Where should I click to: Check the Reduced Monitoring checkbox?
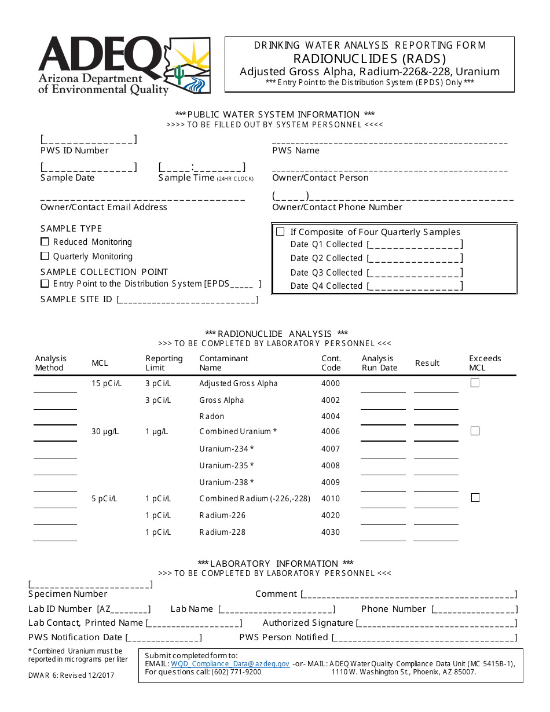pos(45,242)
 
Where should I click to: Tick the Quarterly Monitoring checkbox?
pos(45,256)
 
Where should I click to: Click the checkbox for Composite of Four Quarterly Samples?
pos(280,232)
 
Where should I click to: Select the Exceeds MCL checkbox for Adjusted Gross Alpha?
pos(475,383)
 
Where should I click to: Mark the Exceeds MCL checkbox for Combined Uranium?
pos(475,431)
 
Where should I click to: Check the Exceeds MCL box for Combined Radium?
pos(475,497)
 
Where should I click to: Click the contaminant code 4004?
pos(331,416)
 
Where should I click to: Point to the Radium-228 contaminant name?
pos(222,532)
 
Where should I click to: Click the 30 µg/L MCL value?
pos(105,431)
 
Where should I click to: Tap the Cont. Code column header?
pos(331,363)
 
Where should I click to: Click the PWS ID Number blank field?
pos(89,140)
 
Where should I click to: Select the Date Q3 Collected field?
pos(415,272)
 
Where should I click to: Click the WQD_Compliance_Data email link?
pos(230,664)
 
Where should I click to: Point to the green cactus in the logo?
pos(179,74)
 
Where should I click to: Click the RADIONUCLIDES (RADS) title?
pos(369,58)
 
